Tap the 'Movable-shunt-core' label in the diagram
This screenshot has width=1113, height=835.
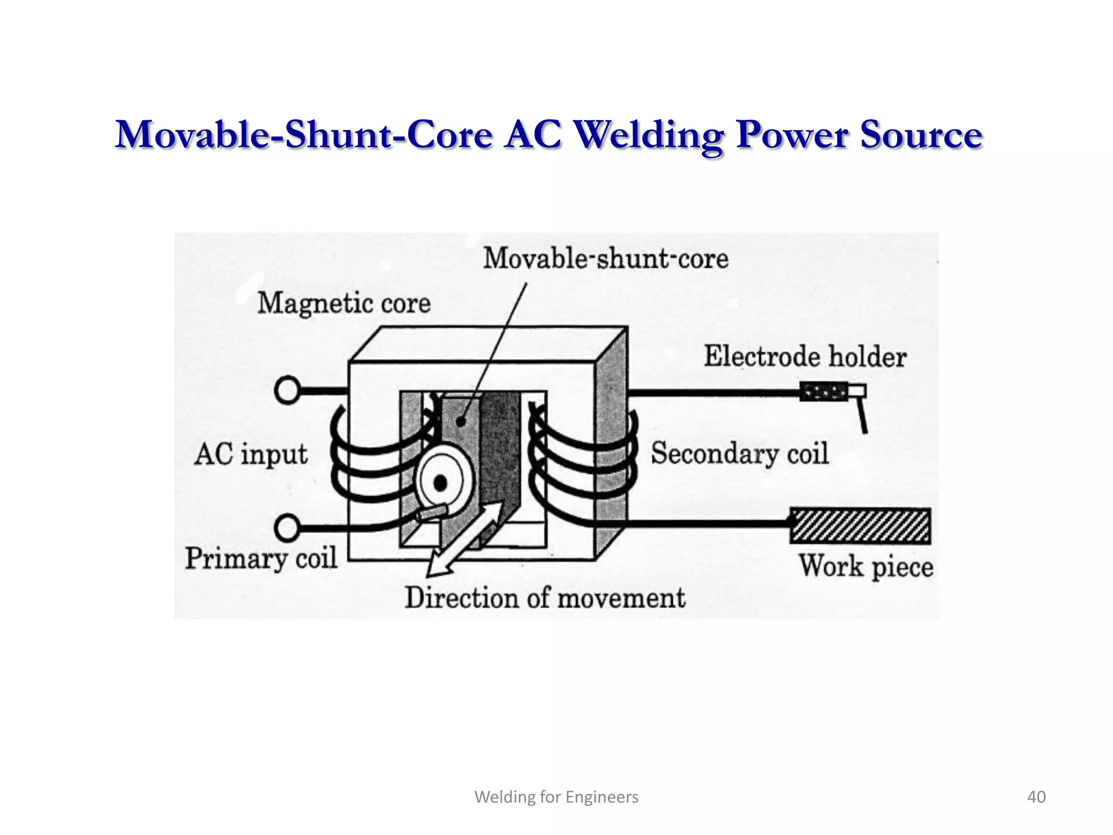(605, 258)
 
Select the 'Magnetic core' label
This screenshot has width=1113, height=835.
(343, 303)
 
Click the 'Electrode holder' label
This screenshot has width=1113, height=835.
(805, 357)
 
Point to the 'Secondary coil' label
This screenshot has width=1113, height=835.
(740, 453)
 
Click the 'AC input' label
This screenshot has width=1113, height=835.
(251, 454)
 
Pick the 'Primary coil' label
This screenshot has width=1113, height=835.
(261, 558)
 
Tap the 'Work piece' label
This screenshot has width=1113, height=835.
(866, 566)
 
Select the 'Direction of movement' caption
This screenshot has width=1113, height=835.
(545, 597)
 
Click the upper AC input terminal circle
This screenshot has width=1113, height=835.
(287, 390)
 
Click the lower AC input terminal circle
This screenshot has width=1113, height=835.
(287, 528)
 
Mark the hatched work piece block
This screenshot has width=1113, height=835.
(860, 526)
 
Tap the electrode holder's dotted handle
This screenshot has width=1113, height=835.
(823, 391)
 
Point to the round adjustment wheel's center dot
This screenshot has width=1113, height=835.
(440, 483)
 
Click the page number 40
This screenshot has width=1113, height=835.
(1036, 797)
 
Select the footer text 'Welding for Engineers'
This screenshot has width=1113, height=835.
(556, 797)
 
